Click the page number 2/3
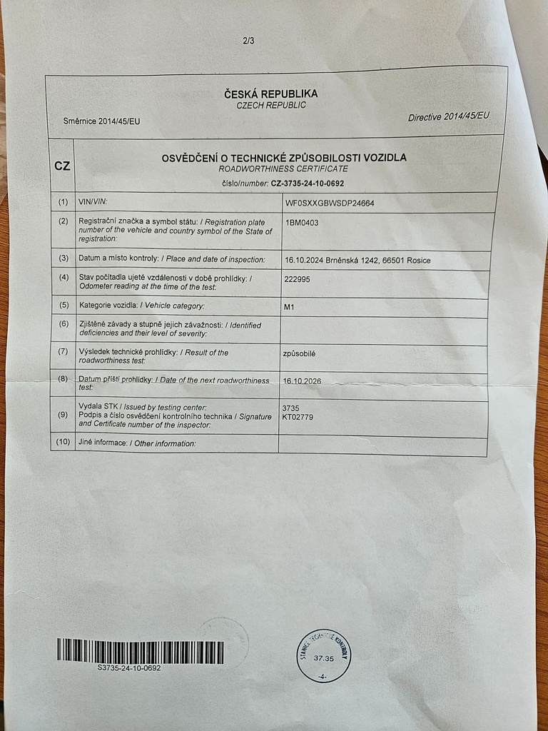[x=248, y=41]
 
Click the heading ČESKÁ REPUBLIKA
[x=270, y=94]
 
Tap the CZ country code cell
[x=62, y=166]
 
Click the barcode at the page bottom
[x=140, y=651]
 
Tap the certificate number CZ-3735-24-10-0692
[x=313, y=183]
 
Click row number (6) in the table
[x=64, y=324]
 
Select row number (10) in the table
[x=63, y=442]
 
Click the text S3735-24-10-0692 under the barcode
[x=129, y=668]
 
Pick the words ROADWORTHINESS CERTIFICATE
[x=283, y=169]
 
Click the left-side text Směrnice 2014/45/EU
[x=101, y=121]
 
